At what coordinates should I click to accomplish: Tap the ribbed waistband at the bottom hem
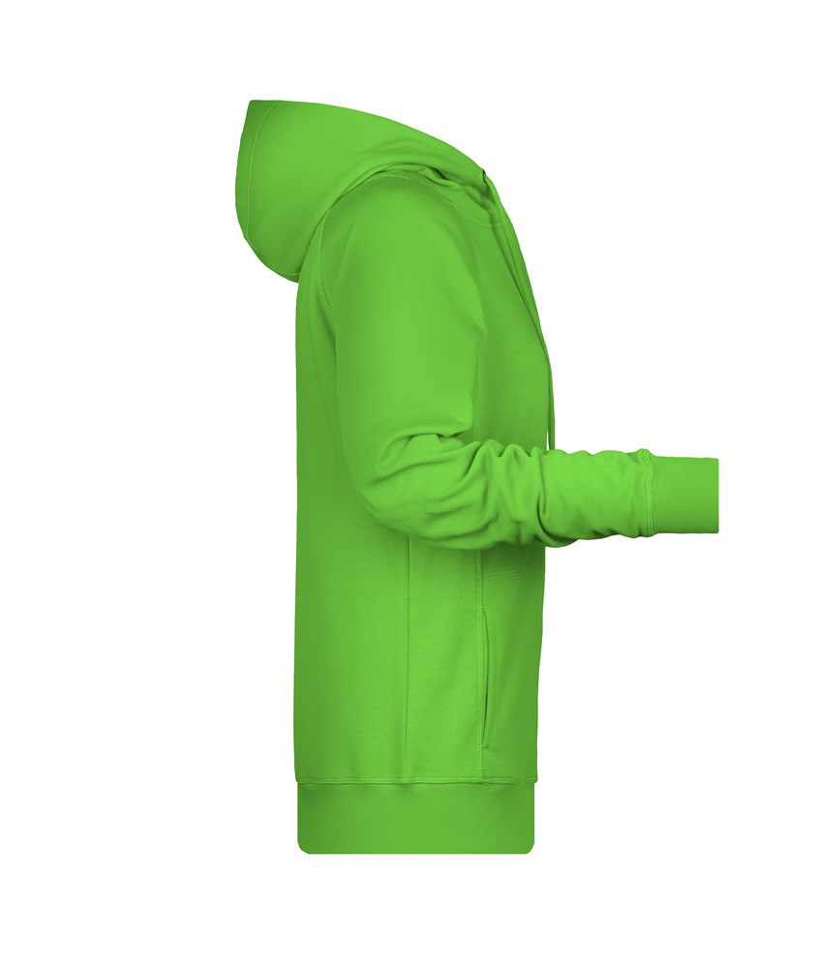click(416, 818)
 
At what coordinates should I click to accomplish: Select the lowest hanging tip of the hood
click(294, 280)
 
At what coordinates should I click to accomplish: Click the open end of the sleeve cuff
click(716, 495)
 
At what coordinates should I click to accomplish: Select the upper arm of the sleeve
click(407, 319)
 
